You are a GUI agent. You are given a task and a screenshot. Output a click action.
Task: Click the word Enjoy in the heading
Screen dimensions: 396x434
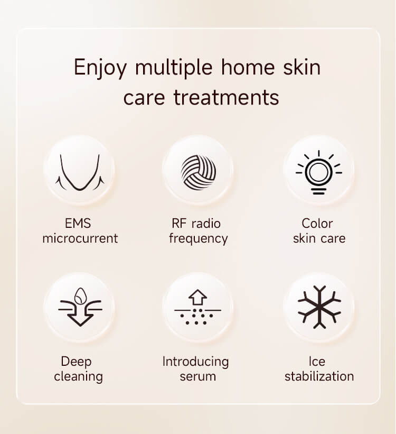pos(100,68)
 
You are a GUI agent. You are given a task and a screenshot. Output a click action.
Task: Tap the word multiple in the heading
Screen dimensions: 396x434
pos(174,67)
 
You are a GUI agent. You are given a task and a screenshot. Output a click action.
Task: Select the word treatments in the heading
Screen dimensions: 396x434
pos(226,98)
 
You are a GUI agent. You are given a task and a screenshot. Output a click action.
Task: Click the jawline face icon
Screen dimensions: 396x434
pos(80,172)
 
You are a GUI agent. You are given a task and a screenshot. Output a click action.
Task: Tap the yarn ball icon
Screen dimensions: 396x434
pos(199,172)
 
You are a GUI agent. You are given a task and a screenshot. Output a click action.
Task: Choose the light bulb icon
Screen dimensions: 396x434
pos(318,172)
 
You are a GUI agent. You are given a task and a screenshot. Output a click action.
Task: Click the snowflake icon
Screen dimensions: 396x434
pos(319,307)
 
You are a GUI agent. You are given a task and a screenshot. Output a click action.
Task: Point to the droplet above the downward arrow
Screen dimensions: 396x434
pos(80,296)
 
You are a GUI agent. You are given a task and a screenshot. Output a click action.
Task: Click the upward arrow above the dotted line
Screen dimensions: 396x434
pos(197,297)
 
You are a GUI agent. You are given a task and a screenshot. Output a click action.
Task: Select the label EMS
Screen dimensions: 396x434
pos(78,224)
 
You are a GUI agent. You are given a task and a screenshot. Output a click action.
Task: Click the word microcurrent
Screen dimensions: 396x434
pos(80,238)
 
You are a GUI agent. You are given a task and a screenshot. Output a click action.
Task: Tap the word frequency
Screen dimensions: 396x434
pos(199,238)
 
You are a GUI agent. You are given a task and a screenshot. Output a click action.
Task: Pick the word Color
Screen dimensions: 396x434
pos(317,224)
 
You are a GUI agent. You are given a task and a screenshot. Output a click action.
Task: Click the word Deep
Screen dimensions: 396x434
pos(77,362)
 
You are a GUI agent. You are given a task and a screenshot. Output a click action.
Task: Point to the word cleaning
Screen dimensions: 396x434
pos(78,377)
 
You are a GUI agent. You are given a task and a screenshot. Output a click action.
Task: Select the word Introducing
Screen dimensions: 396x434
pos(195,362)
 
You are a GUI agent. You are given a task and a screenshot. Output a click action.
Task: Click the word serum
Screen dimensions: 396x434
pos(197,377)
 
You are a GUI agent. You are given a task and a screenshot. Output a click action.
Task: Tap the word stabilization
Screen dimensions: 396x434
pos(319,376)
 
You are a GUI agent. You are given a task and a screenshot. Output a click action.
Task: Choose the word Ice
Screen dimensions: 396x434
pos(317,362)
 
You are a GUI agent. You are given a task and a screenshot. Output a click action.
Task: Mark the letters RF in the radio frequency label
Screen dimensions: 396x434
pos(179,224)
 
